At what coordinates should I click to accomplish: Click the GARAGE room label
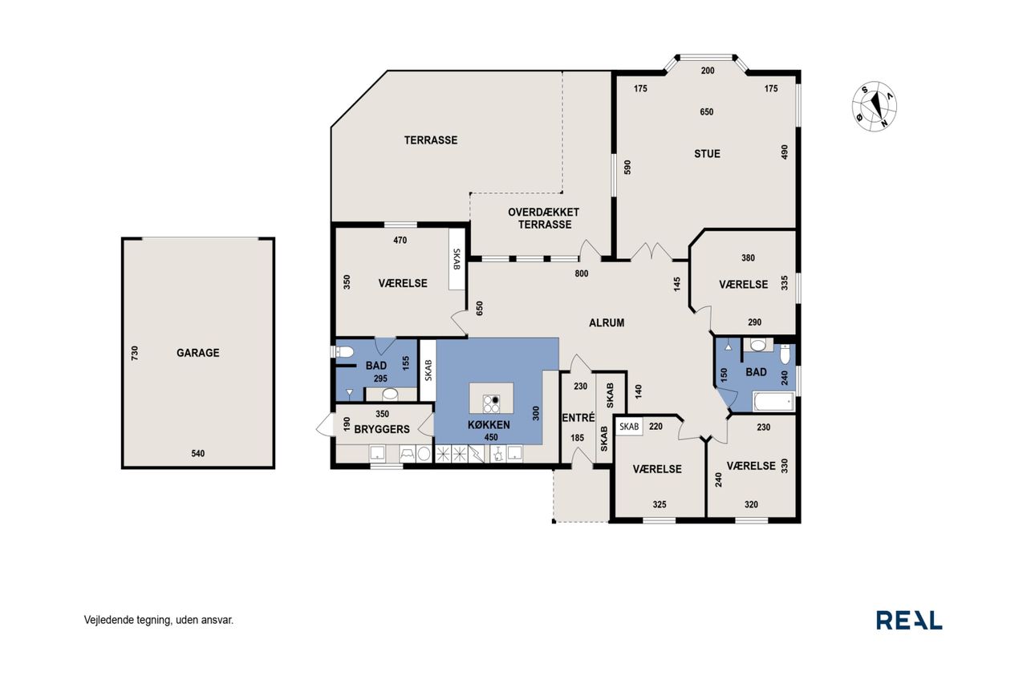[x=198, y=353]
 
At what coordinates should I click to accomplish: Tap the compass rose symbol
[x=875, y=106]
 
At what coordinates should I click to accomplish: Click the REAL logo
[x=909, y=621]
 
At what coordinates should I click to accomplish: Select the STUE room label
[x=707, y=154]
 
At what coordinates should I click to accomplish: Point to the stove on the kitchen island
[x=491, y=403]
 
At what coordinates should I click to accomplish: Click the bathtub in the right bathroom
[x=773, y=402]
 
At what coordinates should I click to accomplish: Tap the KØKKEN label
[x=489, y=425]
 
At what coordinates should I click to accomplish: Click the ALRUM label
[x=607, y=323]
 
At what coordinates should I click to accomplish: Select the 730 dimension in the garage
[x=135, y=353]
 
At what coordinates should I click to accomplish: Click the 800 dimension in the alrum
[x=582, y=274]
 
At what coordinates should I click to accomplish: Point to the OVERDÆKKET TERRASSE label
[x=544, y=219]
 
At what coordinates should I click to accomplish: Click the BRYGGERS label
[x=382, y=429]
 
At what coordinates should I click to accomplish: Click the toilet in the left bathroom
[x=344, y=352]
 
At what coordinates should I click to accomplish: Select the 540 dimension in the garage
[x=198, y=454]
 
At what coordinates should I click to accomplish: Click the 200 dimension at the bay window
[x=708, y=71]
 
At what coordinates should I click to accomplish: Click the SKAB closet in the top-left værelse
[x=457, y=259]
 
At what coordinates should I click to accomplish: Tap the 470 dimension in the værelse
[x=400, y=240]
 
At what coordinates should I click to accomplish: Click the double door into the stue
[x=652, y=252]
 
